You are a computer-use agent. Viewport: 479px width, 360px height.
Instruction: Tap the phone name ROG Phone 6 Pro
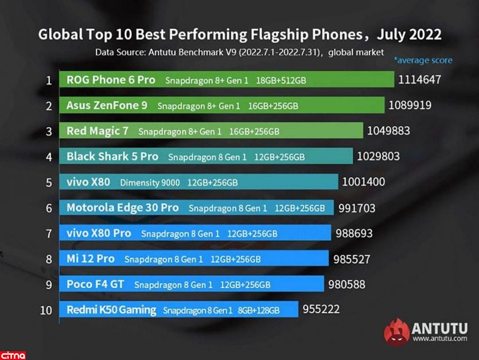(x=111, y=80)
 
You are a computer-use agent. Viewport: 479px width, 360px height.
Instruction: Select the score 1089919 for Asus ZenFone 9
(x=410, y=105)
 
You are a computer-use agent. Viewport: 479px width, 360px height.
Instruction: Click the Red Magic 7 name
(x=98, y=131)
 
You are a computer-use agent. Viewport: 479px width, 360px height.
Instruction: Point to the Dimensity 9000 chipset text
(x=150, y=182)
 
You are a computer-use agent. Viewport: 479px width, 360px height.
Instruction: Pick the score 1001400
(x=363, y=182)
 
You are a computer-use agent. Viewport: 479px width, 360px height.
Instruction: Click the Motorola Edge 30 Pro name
(x=122, y=208)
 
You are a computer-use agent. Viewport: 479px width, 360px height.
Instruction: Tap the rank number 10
(x=46, y=310)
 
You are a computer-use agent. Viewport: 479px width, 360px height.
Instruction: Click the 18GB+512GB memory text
(x=281, y=80)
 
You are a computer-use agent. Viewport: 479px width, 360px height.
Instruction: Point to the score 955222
(x=321, y=310)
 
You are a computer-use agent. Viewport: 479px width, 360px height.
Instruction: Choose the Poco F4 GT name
(x=95, y=284)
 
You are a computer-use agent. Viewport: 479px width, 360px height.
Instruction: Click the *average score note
(x=423, y=60)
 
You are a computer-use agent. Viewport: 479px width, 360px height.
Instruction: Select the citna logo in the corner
(x=13, y=354)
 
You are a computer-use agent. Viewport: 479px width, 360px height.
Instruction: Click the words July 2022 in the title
(x=410, y=34)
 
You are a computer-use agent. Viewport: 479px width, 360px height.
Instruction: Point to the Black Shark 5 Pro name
(x=112, y=156)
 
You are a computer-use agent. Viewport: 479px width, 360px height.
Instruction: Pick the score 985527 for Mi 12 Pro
(x=353, y=259)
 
